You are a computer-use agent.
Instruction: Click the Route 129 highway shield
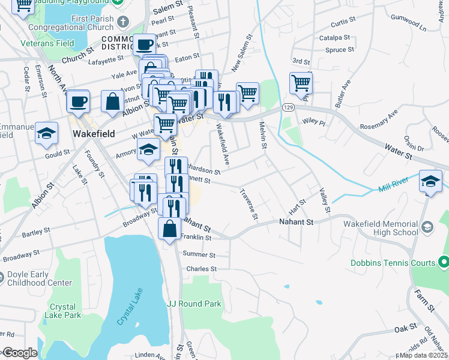(x=289, y=106)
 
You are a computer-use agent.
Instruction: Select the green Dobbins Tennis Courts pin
(x=444, y=262)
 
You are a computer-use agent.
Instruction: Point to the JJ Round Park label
(x=194, y=304)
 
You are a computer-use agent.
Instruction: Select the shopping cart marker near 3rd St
(x=301, y=83)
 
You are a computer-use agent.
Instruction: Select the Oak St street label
(x=405, y=328)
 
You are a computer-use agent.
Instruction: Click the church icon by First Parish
(x=123, y=22)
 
